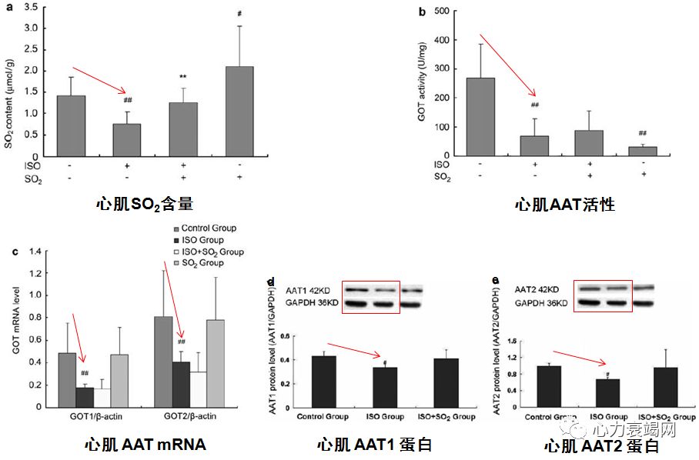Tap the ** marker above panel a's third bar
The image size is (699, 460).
184,77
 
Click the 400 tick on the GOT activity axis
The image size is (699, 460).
443,39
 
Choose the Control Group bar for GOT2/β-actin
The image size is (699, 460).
164,362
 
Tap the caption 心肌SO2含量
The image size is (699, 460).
144,204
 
